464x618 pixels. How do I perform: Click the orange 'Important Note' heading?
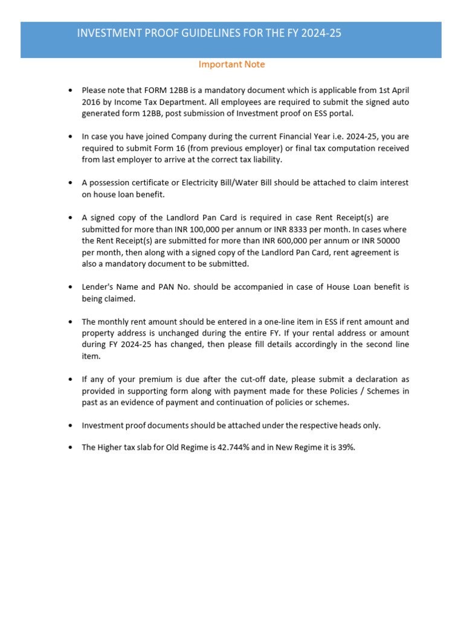(x=232, y=64)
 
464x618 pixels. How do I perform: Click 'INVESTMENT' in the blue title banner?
(x=105, y=34)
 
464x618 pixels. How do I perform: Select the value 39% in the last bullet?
(x=346, y=448)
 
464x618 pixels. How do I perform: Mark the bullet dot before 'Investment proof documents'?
(x=71, y=425)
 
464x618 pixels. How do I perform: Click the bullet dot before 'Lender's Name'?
(x=71, y=287)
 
